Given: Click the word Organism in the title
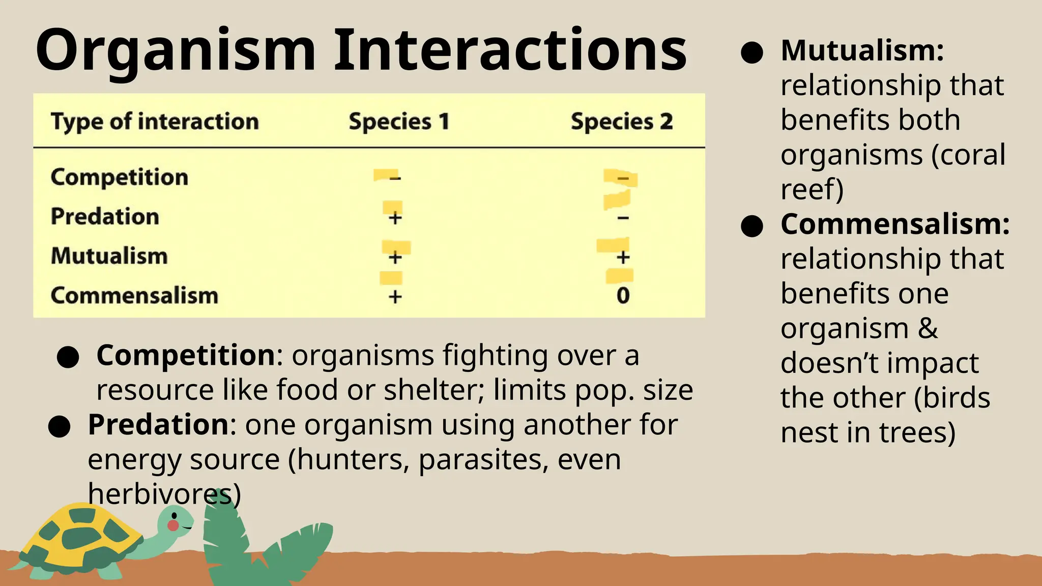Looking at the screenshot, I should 176,51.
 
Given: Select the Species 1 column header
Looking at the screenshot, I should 399,122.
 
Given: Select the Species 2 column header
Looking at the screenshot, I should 622,122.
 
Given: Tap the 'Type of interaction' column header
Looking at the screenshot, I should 155,122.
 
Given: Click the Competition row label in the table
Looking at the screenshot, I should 120,177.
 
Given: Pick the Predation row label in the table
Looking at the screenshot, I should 105,216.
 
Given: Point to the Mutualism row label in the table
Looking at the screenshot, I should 109,255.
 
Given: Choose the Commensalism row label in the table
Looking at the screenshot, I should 134,295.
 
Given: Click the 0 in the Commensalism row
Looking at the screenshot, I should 623,296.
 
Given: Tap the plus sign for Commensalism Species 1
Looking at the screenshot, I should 395,296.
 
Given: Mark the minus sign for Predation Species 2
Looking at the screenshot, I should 623,218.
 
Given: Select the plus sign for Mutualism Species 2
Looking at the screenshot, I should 623,257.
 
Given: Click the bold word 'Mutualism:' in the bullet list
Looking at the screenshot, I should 862,51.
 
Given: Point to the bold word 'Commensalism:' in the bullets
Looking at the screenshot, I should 895,224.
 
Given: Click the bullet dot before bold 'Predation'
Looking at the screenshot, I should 59,426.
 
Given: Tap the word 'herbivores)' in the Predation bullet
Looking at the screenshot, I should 164,493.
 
